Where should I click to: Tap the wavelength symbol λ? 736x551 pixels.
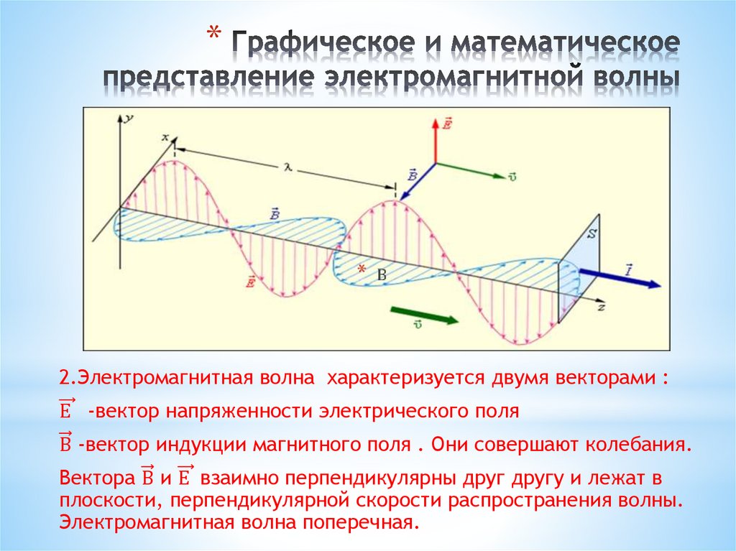point(287,167)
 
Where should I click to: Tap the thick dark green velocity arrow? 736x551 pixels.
point(425,315)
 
